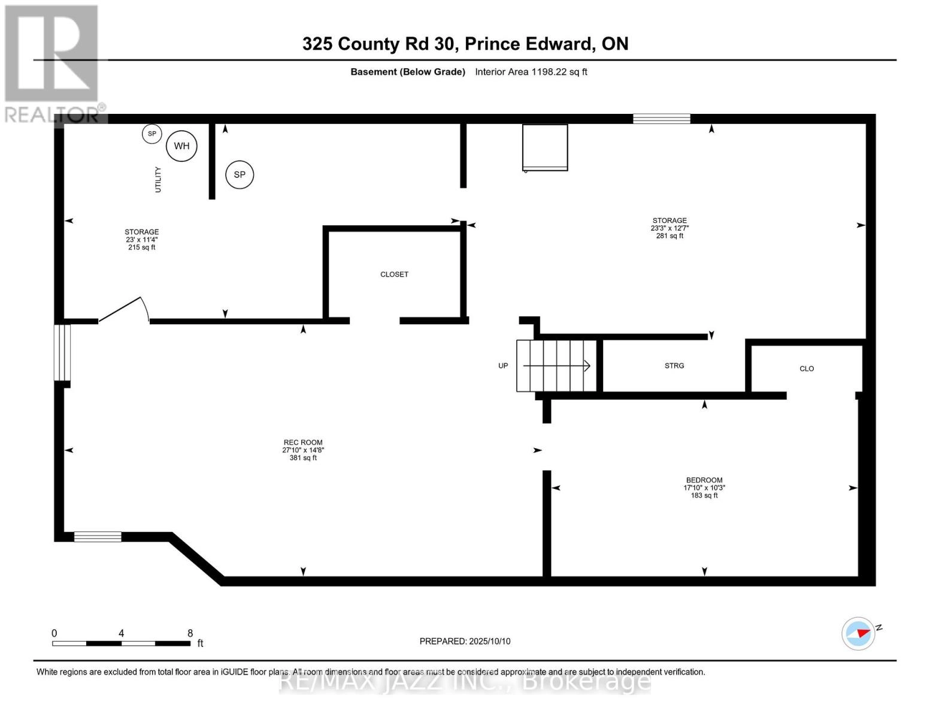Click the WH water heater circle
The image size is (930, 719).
coord(181,146)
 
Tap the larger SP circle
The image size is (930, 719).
coord(240,175)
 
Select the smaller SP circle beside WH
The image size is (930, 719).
coord(152,134)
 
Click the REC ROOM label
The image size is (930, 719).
coord(303,443)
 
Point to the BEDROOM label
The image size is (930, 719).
coord(704,480)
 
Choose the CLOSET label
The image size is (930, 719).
coord(394,274)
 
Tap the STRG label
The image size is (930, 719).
coord(674,365)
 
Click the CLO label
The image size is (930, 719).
coord(807,368)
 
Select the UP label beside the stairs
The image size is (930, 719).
coord(503,365)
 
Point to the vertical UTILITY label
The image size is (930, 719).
coord(158,180)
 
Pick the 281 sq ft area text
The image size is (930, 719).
coord(670,236)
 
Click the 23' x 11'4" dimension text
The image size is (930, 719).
coord(142,240)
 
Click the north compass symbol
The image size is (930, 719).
coord(859,633)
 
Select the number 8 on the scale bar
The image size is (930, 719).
coord(190,633)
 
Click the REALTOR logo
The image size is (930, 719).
coord(52,63)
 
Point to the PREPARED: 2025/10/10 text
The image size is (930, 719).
coord(465,641)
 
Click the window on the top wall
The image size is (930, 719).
coord(662,119)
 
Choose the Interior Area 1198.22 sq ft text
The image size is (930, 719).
coord(531,72)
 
